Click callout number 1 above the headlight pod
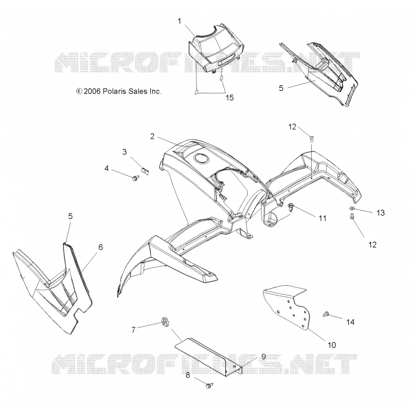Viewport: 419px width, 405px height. tap(180, 21)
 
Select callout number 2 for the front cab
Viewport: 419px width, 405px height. tap(152, 137)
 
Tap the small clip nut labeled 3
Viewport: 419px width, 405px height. tap(145, 171)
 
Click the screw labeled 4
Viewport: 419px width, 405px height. tap(136, 178)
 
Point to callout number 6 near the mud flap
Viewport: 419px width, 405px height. tap(101, 247)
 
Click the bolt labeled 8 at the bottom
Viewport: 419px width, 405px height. tap(210, 385)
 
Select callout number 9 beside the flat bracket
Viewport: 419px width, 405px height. tap(263, 357)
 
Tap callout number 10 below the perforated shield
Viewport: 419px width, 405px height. tap(332, 345)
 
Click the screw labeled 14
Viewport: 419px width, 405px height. tap(326, 314)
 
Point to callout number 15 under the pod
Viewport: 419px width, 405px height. tap(229, 98)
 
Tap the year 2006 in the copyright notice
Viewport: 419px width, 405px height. tap(92, 91)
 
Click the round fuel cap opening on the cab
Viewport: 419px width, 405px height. tap(201, 159)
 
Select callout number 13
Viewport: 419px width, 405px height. tap(380, 213)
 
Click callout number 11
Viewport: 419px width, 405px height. tap(323, 218)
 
